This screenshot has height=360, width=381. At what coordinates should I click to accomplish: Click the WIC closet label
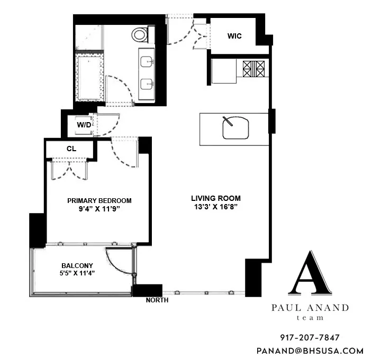234,36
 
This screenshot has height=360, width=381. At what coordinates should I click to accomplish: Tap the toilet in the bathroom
140,35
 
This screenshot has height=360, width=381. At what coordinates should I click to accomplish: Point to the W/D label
84,125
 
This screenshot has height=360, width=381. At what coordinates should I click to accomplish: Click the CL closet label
71,149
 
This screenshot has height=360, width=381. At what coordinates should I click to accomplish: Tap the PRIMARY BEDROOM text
99,201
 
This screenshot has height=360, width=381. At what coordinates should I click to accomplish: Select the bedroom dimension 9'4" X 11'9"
99,209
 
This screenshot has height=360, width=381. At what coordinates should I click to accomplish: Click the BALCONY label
77,266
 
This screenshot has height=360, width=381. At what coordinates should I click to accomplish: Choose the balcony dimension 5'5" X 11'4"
77,274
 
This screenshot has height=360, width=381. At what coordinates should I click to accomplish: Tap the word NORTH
157,300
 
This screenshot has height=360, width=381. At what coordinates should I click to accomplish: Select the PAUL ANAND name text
310,308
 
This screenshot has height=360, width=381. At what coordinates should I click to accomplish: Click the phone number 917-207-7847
310,337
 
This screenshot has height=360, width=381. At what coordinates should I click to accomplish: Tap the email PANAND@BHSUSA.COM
310,350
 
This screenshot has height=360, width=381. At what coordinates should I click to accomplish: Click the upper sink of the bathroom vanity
146,62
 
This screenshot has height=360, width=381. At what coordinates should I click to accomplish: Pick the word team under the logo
310,318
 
